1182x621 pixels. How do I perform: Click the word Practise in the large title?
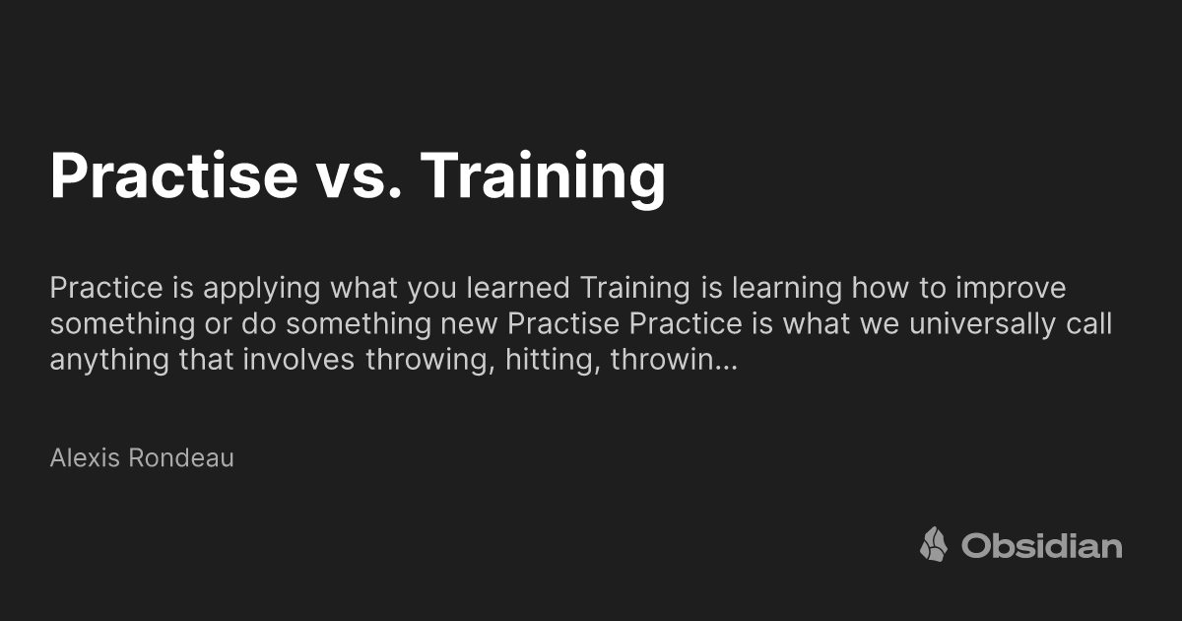tap(172, 175)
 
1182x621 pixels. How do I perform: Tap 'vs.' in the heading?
tap(361, 175)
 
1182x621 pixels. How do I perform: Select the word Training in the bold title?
tap(543, 175)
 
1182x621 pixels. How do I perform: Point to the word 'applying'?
tap(255, 290)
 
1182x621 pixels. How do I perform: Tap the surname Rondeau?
tap(181, 458)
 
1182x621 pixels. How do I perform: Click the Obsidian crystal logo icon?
tap(934, 545)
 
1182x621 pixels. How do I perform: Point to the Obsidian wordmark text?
tap(1042, 545)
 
